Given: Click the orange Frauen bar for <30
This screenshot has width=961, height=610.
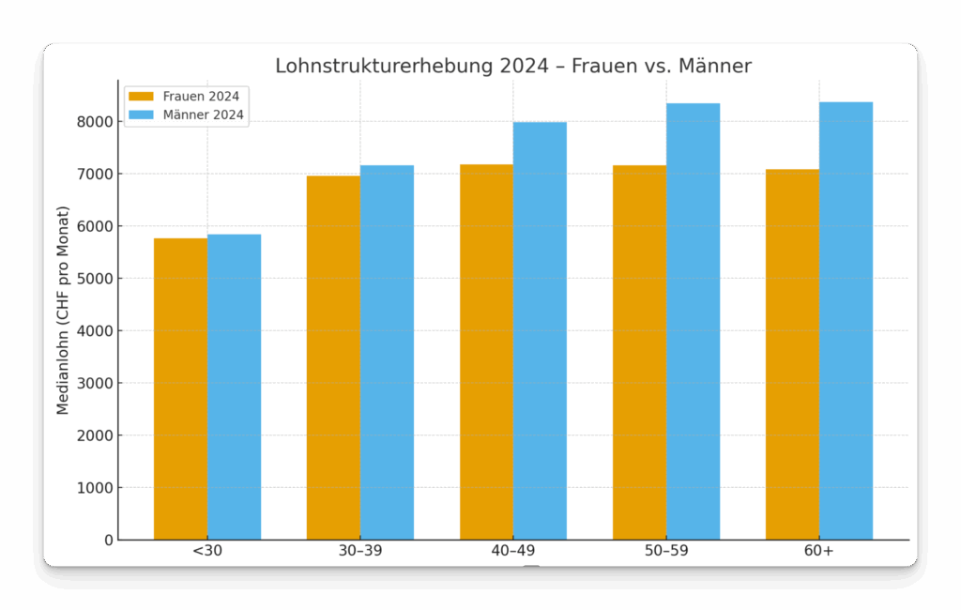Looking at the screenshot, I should point(180,389).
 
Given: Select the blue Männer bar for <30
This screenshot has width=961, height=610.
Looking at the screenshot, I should point(234,387).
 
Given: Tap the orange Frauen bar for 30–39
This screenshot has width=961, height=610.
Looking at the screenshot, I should point(333,358).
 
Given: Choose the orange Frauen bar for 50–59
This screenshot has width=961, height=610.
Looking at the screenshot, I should point(639,352).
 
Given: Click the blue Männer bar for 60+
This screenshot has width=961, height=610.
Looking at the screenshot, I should point(846,320).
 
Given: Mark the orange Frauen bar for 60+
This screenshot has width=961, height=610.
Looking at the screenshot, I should point(792,354).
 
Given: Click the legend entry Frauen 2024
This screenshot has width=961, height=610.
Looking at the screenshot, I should point(200,96).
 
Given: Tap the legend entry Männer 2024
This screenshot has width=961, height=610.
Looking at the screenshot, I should point(203,115).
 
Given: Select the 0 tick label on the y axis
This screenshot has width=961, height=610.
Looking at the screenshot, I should point(108,541).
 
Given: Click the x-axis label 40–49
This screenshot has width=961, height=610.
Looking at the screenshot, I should point(513,551).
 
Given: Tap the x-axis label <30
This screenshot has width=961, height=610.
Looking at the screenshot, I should point(207,551).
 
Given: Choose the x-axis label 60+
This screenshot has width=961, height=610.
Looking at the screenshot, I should point(818,551).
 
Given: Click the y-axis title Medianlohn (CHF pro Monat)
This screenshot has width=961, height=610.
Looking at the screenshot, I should point(63,310).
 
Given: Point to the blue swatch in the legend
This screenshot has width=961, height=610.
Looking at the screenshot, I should point(141,115).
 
